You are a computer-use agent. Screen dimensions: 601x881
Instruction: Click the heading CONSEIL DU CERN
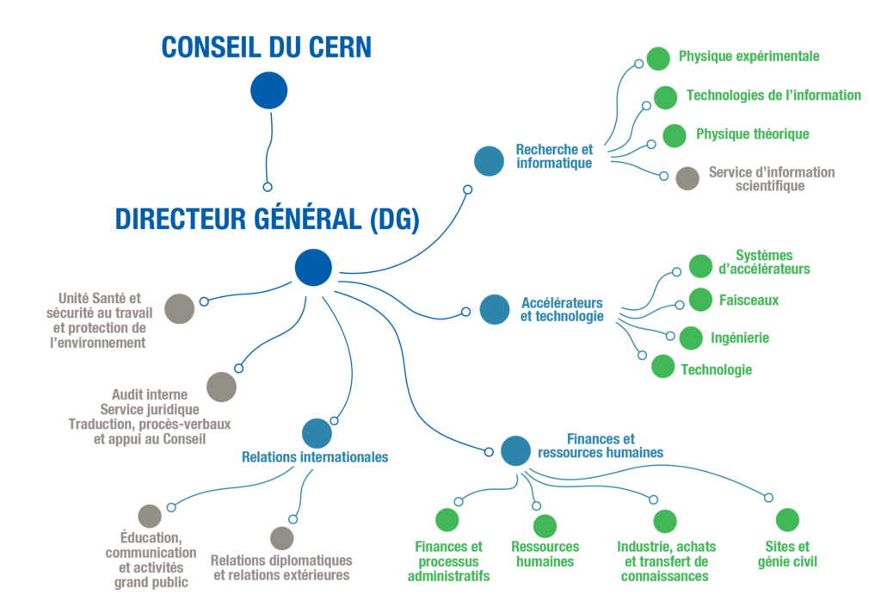[267, 46]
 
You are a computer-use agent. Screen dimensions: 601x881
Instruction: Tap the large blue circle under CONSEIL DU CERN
[268, 90]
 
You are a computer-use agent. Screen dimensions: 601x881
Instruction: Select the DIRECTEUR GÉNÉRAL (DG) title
[268, 220]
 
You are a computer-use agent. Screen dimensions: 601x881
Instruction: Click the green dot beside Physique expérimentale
[658, 58]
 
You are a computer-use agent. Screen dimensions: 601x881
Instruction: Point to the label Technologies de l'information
[773, 96]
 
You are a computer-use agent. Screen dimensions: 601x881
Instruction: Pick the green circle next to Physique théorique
[674, 135]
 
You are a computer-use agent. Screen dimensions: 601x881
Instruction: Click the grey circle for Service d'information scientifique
[687, 178]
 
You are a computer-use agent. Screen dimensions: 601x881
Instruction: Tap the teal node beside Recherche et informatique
[489, 160]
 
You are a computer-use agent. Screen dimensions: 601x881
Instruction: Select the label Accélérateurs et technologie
[562, 310]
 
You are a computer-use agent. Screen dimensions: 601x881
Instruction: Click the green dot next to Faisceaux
[700, 300]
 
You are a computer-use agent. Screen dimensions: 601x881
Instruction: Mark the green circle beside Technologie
[662, 366]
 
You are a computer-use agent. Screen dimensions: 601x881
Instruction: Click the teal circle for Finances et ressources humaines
[515, 449]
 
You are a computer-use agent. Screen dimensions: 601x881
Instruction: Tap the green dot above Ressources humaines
[545, 526]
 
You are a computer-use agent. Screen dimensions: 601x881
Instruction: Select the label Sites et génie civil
[786, 555]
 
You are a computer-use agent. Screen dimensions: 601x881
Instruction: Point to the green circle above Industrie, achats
[665, 521]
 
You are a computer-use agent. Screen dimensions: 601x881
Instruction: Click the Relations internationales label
[315, 458]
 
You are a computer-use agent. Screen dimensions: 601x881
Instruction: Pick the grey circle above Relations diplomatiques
[281, 538]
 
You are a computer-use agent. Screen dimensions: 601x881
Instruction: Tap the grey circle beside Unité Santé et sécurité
[179, 308]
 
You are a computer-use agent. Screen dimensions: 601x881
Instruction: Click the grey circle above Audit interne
[221, 387]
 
